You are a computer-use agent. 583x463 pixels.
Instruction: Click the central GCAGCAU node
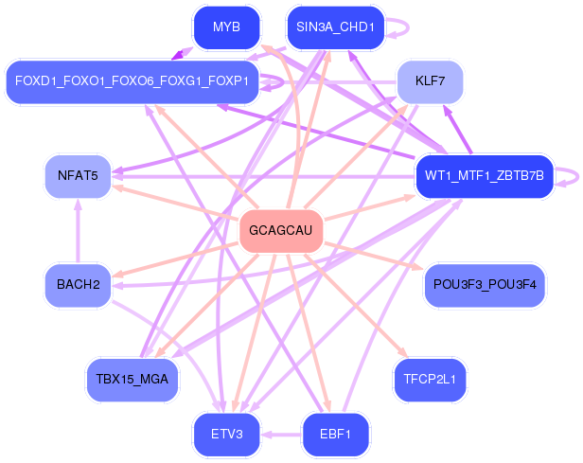(281, 231)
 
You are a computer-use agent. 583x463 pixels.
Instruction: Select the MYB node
(226, 27)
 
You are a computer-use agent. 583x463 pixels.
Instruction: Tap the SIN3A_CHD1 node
(335, 27)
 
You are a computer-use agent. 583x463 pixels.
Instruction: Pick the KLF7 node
(431, 81)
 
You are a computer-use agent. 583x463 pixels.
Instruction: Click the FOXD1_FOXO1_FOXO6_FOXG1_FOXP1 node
(132, 81)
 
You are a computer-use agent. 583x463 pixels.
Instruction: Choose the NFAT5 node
(78, 175)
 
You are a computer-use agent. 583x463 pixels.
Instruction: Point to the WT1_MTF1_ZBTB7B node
(485, 175)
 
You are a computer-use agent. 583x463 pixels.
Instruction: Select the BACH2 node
(78, 285)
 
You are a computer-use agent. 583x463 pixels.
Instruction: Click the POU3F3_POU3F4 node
(485, 285)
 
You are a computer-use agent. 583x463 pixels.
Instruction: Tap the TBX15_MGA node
(132, 380)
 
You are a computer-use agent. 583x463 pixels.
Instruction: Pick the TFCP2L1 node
(431, 380)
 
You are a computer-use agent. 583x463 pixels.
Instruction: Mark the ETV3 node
(226, 434)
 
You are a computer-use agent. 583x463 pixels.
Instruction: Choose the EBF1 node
(335, 434)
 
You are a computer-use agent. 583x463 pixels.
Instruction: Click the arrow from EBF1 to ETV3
(281, 434)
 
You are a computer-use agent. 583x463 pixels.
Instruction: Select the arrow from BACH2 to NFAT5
(78, 231)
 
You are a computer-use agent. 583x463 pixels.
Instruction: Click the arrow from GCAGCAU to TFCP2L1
(356, 306)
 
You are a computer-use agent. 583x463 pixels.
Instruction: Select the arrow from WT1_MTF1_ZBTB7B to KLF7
(457, 129)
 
